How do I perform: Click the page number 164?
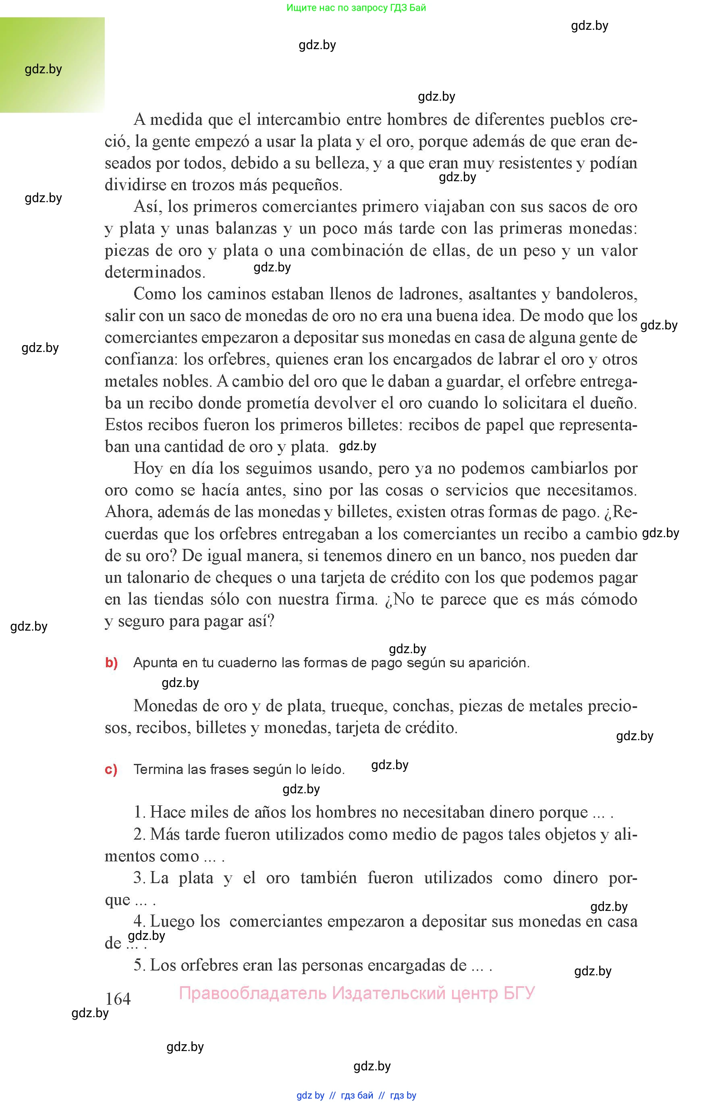(118, 998)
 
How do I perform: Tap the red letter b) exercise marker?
(111, 662)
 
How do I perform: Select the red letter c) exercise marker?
(111, 769)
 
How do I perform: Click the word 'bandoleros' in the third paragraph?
(596, 294)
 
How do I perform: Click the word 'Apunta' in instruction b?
(155, 663)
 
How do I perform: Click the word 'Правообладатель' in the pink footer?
(253, 993)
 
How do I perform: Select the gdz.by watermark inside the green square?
(43, 70)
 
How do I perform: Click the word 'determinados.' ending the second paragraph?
(155, 272)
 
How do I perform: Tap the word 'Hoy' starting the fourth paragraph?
(148, 468)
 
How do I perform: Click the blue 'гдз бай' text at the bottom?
(357, 1095)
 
